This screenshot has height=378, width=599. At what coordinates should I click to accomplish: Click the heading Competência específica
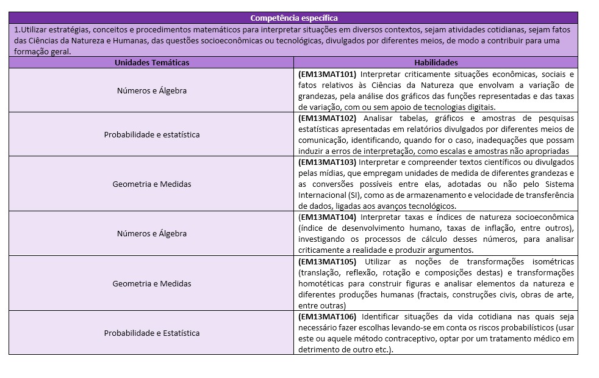[x=293, y=18]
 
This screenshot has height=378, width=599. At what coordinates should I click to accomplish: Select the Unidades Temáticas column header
[x=151, y=62]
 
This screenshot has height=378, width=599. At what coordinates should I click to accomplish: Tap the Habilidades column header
[x=436, y=62]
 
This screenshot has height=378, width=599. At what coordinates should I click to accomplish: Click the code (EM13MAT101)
[x=327, y=74]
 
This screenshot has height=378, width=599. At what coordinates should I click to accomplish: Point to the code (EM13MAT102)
[x=327, y=118]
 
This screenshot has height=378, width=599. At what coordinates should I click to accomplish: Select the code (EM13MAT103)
[x=327, y=162]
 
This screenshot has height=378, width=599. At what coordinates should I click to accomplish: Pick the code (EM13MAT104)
[x=328, y=217]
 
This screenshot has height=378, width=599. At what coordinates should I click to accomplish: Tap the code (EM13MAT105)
[x=328, y=261]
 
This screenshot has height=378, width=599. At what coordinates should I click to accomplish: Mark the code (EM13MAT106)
[x=328, y=316]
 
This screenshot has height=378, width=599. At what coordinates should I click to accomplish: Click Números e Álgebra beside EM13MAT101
[x=151, y=90]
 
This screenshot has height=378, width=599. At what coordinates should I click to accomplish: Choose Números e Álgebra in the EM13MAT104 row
[x=151, y=233]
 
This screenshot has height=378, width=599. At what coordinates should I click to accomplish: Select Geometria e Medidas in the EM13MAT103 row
[x=151, y=184]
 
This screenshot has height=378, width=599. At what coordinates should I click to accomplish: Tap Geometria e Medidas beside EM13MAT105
[x=151, y=283]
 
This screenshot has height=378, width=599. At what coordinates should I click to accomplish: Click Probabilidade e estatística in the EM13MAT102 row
[x=151, y=134]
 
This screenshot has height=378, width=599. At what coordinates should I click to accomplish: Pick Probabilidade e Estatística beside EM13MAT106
[x=151, y=333]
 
